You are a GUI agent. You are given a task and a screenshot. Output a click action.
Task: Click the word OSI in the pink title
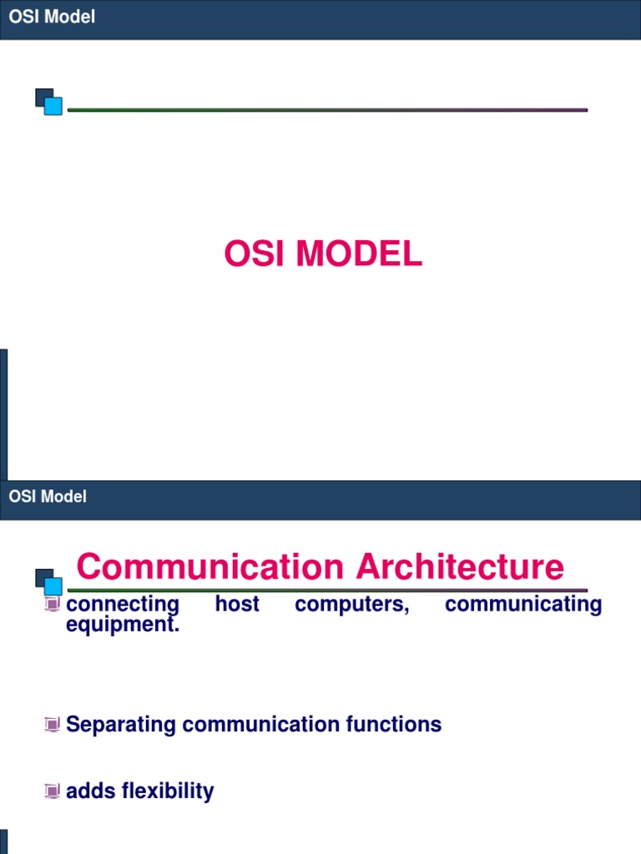point(253,254)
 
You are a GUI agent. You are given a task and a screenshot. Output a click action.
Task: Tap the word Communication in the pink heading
point(209,567)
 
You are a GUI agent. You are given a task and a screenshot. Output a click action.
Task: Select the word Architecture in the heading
point(460,567)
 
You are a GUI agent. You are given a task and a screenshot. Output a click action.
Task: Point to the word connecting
point(123,604)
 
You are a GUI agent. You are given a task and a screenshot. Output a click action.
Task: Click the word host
point(237,604)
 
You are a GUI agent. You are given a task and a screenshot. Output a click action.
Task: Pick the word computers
point(352,604)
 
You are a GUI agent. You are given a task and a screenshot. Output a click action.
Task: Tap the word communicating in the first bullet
point(523,604)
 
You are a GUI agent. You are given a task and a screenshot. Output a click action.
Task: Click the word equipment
point(123,624)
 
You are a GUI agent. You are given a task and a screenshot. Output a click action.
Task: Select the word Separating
point(121,725)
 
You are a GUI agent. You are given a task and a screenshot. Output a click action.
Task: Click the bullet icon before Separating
point(53,725)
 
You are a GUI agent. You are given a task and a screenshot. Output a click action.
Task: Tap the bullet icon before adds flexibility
point(53,791)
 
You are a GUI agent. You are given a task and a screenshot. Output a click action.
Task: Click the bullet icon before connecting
point(53,604)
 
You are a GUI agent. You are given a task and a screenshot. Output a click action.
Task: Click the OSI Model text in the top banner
point(52,18)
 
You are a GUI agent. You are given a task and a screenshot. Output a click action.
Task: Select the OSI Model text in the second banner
point(48,497)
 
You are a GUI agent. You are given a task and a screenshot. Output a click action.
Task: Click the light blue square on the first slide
point(53,106)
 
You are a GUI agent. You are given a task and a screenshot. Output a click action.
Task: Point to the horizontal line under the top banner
point(327,109)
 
